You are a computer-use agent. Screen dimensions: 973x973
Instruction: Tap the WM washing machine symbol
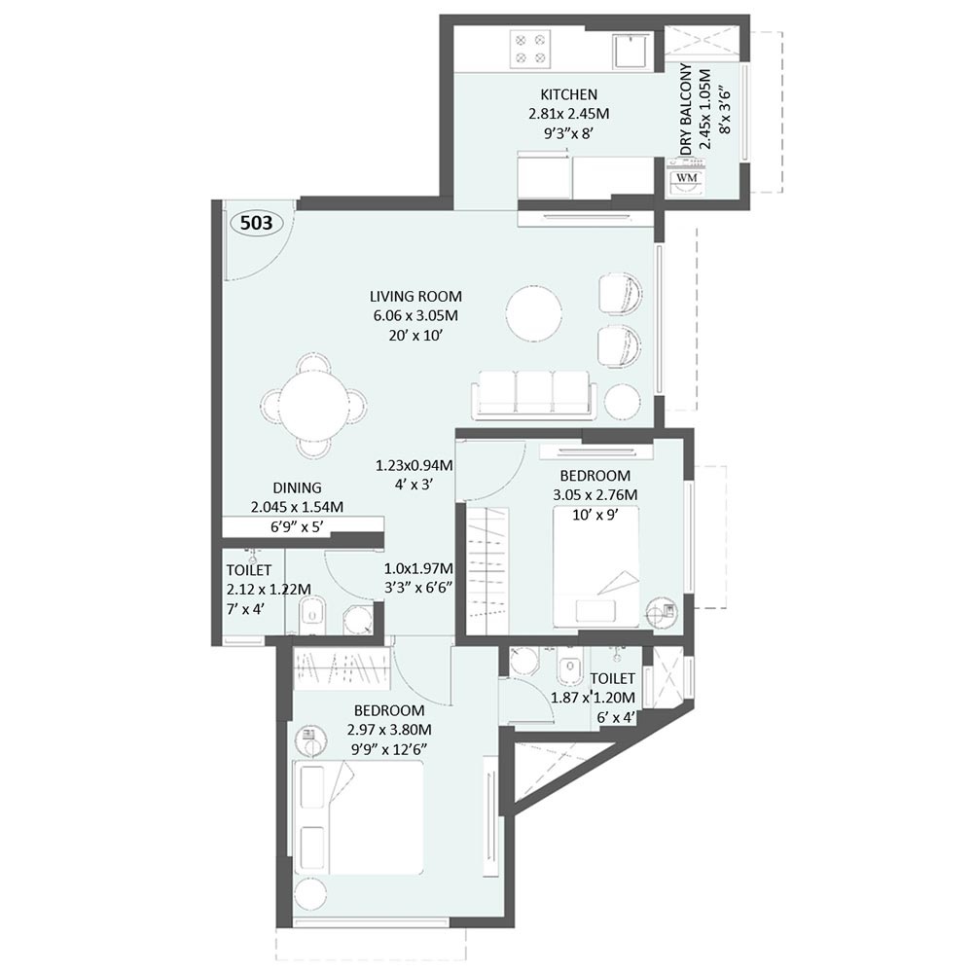[686, 177]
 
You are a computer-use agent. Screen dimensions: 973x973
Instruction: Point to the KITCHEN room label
[568, 94]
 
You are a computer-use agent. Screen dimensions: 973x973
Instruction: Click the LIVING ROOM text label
[415, 296]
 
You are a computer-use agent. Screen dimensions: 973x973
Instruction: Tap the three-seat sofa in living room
[534, 393]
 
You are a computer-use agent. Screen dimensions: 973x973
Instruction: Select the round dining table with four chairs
[313, 405]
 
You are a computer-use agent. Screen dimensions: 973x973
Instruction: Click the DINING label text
[298, 487]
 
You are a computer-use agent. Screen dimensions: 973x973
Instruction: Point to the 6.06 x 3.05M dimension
[415, 315]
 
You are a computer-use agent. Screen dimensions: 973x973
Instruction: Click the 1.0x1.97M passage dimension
[418, 568]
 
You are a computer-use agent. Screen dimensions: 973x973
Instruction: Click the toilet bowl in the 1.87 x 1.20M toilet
[566, 670]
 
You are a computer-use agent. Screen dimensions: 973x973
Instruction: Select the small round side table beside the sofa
[622, 400]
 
